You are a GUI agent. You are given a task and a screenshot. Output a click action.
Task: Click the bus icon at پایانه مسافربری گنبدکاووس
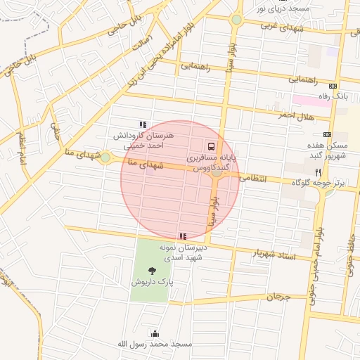click(212, 147)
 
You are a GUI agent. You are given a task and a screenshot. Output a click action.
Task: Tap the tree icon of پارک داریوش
click(153, 269)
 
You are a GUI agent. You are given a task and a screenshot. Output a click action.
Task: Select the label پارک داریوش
click(152, 281)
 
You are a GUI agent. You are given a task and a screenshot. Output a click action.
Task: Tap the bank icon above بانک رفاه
click(333, 86)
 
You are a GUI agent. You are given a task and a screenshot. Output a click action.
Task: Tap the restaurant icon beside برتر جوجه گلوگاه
click(318, 172)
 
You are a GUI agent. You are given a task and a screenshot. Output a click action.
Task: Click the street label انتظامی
click(254, 179)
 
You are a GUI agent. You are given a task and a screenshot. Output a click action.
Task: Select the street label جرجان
click(278, 297)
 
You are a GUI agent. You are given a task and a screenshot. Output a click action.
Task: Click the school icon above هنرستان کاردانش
click(143, 124)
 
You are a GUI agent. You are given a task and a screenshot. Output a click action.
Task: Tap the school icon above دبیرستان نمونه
click(183, 237)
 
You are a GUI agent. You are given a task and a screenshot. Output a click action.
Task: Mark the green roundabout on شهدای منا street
click(105, 157)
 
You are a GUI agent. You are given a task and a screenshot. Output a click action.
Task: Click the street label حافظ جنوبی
click(350, 264)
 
